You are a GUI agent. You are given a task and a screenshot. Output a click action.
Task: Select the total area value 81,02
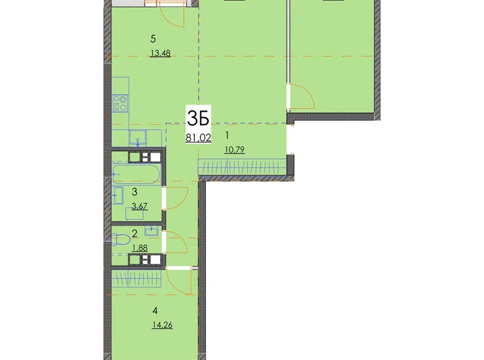197,138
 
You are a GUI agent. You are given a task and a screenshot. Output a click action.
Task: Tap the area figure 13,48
160,53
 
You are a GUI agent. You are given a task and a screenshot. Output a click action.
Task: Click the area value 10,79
234,149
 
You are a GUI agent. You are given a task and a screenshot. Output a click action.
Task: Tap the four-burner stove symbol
121,102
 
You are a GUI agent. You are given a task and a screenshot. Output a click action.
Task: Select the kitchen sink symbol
138,137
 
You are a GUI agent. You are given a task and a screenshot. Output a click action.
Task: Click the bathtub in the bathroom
137,172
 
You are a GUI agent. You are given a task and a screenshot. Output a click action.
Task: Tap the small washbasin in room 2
151,232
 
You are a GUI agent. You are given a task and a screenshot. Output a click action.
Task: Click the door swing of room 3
175,199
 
